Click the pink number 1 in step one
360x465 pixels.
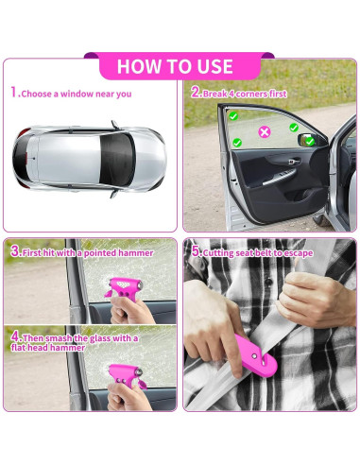coord(13,93)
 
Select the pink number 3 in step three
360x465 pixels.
coord(14,251)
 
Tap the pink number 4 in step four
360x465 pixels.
coord(14,336)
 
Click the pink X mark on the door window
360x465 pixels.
coord(265,131)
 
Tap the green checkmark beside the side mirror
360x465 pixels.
coord(308,141)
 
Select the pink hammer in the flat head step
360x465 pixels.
coord(125,373)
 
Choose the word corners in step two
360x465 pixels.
coord(249,94)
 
